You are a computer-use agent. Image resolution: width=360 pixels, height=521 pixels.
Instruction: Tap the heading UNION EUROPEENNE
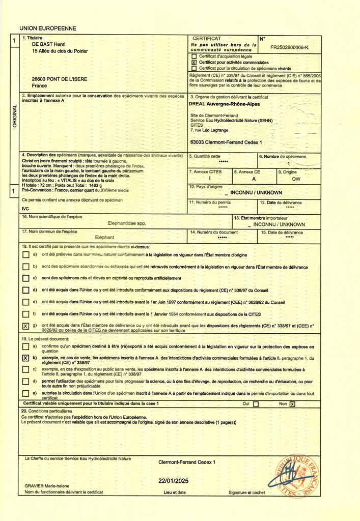[47, 28]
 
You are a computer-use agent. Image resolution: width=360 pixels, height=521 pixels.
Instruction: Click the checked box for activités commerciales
[194, 63]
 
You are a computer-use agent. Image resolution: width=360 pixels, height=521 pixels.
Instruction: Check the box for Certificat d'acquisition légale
[194, 56]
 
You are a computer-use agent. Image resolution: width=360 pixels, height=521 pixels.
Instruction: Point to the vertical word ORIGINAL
[14, 117]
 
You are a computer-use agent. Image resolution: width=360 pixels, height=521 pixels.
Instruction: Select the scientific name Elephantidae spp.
[127, 223]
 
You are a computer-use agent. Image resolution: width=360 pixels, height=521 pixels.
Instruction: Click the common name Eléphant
[105, 238]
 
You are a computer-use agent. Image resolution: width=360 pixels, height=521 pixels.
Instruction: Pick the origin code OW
[296, 179]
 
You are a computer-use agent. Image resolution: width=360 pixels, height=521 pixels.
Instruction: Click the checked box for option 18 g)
[26, 326]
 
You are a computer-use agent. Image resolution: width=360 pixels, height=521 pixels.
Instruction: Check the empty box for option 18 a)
[26, 255]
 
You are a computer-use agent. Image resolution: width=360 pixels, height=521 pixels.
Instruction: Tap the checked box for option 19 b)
[26, 358]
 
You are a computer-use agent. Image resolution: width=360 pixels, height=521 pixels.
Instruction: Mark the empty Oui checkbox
[256, 404]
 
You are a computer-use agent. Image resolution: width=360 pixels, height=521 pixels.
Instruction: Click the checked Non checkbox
[292, 404]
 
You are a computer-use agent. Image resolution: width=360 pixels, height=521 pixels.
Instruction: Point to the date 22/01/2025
[173, 481]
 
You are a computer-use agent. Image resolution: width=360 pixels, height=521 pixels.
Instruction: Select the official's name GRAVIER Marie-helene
[50, 486]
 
